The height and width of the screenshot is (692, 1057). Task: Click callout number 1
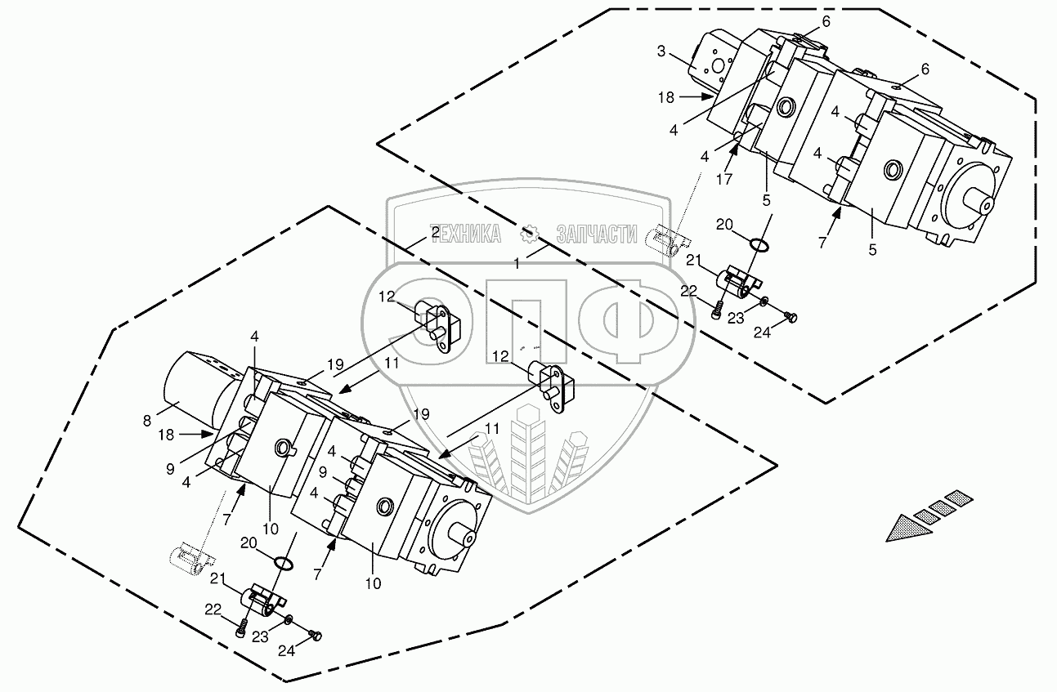tap(517, 262)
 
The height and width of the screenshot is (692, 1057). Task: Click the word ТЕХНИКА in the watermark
tap(465, 235)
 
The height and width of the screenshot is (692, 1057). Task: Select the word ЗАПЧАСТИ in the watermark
tap(596, 235)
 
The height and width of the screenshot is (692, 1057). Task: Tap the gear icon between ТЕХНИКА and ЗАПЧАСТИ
tap(530, 235)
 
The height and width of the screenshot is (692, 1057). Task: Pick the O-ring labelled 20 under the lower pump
tap(283, 563)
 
